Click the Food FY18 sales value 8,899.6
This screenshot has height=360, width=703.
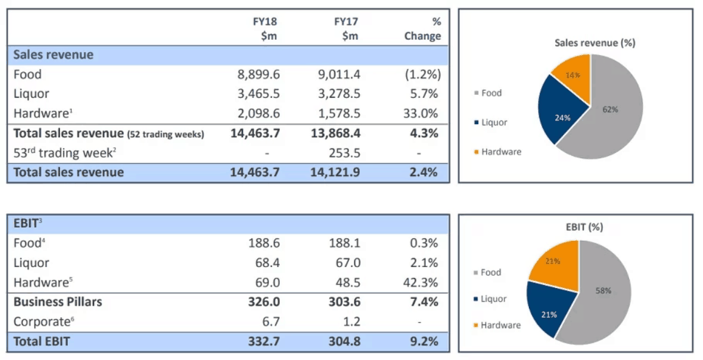[258, 75]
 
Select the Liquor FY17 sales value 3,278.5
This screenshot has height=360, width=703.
[339, 94]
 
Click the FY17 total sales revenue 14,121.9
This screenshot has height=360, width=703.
[336, 172]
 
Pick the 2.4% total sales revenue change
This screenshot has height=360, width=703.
[423, 172]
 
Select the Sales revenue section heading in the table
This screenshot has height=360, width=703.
[54, 55]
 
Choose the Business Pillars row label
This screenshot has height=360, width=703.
[58, 302]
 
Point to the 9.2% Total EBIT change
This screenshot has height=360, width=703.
[423, 341]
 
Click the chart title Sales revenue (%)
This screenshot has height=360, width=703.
[586, 43]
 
